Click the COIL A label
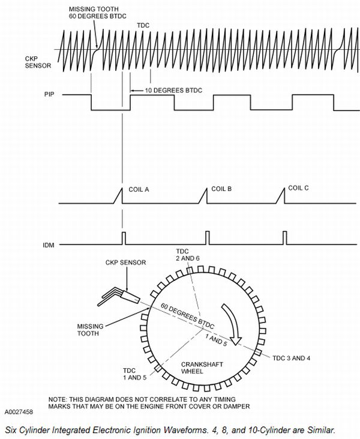(139, 189)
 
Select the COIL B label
(220, 189)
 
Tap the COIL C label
(298, 188)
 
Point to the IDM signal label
(49, 244)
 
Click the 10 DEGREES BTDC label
(173, 90)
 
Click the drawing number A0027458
(19, 413)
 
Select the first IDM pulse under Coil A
(124, 238)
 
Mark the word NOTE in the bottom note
(58, 399)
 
